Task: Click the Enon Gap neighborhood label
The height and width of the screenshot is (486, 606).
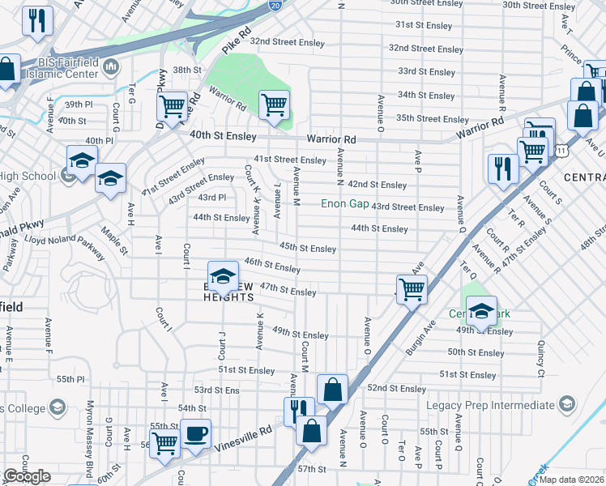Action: point(344,203)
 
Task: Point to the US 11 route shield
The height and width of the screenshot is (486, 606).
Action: point(561,149)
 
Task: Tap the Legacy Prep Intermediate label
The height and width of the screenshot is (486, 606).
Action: point(491,404)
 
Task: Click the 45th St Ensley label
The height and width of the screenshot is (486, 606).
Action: point(307,248)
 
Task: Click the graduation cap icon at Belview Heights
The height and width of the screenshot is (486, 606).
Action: point(223,275)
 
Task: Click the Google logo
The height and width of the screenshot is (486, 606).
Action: point(27,476)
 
